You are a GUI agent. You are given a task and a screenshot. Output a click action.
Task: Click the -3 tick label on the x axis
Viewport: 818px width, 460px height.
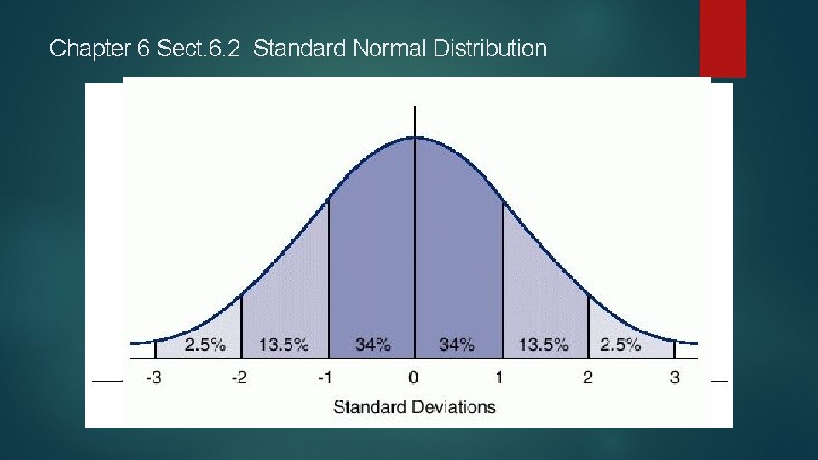pyautogui.click(x=153, y=377)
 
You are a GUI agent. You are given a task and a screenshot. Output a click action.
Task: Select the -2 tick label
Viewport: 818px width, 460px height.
pyautogui.click(x=239, y=377)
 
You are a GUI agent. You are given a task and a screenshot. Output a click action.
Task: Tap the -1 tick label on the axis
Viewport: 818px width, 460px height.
pyautogui.click(x=325, y=377)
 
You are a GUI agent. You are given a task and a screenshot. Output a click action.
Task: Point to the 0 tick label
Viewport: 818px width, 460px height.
pyautogui.click(x=413, y=377)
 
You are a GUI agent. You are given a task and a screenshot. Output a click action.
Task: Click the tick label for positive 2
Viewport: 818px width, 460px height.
pyautogui.click(x=588, y=377)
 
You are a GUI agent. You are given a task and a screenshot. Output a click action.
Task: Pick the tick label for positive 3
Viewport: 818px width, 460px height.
pyautogui.click(x=675, y=377)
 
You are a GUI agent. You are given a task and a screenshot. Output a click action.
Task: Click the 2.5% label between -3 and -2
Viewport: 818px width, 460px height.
pyautogui.click(x=205, y=345)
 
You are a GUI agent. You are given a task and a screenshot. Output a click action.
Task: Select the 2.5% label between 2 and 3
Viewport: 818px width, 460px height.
pyautogui.click(x=620, y=345)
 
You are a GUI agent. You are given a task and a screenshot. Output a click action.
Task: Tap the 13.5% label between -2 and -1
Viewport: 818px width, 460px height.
pyautogui.click(x=284, y=345)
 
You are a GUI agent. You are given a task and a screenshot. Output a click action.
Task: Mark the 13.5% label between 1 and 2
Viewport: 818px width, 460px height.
pyautogui.click(x=543, y=345)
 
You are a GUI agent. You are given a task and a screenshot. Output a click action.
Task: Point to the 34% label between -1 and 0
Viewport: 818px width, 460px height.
pyautogui.click(x=373, y=345)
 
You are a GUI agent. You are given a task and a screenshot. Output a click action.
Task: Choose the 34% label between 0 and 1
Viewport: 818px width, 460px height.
pyautogui.click(x=456, y=345)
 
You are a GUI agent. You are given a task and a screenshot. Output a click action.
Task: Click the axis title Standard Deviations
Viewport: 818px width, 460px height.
pyautogui.click(x=414, y=406)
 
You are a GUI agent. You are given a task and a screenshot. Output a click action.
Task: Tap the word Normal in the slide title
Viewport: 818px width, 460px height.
pyautogui.click(x=389, y=49)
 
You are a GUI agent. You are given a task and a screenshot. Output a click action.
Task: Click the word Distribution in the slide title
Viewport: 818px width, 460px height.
pyautogui.click(x=490, y=49)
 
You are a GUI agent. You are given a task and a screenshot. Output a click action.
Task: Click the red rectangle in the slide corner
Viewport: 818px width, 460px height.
pyautogui.click(x=723, y=37)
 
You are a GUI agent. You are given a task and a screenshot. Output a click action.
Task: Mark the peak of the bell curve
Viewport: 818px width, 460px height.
pyautogui.click(x=415, y=136)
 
